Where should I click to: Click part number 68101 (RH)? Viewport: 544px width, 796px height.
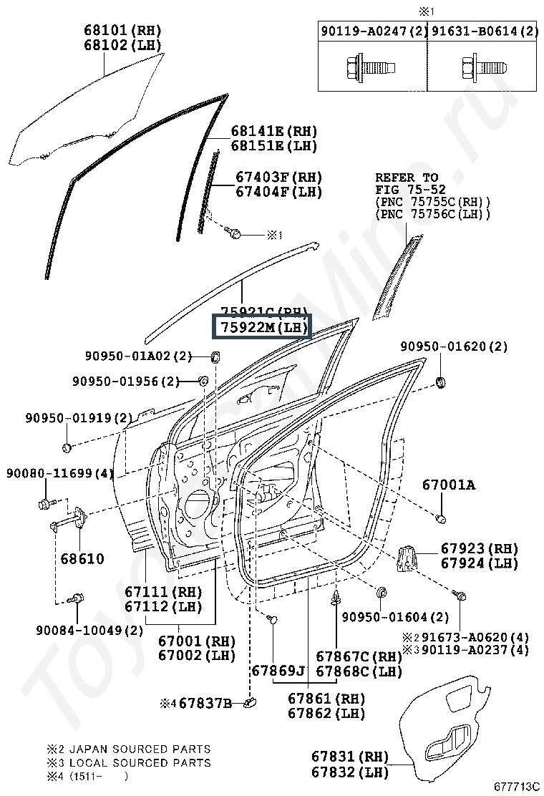tap(122, 30)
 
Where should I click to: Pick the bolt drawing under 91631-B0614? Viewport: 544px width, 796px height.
tap(481, 69)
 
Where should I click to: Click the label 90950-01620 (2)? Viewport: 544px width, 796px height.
tap(453, 346)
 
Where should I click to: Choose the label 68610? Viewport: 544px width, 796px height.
tap(82, 558)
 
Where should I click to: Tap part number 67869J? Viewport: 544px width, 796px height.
tap(278, 671)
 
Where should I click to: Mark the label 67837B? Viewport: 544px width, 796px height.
tap(205, 704)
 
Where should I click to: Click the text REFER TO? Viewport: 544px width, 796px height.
tap(407, 178)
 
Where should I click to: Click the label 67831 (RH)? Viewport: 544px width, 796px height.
tap(350, 757)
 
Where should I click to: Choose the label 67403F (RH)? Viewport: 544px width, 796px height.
tap(279, 177)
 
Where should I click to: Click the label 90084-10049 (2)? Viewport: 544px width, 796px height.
tap(89, 630)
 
